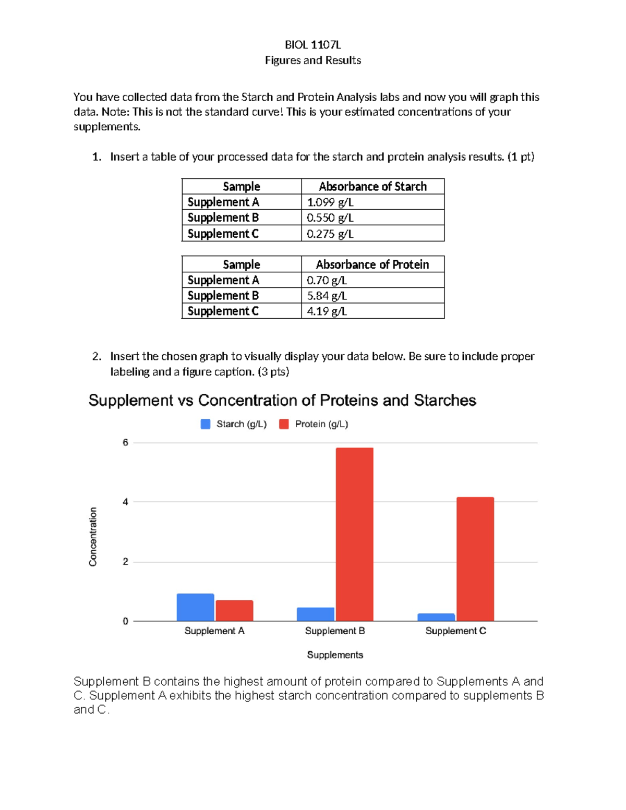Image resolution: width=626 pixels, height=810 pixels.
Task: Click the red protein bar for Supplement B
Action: (354, 534)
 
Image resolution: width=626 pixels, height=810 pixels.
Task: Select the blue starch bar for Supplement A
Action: (195, 607)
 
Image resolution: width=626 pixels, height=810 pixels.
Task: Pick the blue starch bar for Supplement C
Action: (436, 617)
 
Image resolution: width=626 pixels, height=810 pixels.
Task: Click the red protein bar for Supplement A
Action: (234, 610)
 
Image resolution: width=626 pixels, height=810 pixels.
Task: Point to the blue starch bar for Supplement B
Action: (316, 614)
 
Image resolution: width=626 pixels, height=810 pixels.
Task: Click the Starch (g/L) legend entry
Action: (234, 424)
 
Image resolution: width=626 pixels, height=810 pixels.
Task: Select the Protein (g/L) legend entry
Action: (314, 424)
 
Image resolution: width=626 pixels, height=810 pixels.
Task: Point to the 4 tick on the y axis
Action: (125, 502)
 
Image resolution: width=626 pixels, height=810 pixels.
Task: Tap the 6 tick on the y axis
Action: (125, 443)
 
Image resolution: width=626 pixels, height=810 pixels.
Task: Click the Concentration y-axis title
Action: (93, 537)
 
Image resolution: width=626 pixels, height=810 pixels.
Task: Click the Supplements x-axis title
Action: (335, 655)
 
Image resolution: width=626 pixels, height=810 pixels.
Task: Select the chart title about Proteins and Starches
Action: (282, 400)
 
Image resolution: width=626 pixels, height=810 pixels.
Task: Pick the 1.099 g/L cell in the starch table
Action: (330, 202)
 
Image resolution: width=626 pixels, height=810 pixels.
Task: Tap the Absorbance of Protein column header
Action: (372, 264)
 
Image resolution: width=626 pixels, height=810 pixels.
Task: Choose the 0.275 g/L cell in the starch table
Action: (330, 234)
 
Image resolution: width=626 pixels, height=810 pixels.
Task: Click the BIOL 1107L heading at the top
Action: (312, 45)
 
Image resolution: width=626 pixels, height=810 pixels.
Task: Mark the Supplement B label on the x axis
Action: (335, 631)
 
